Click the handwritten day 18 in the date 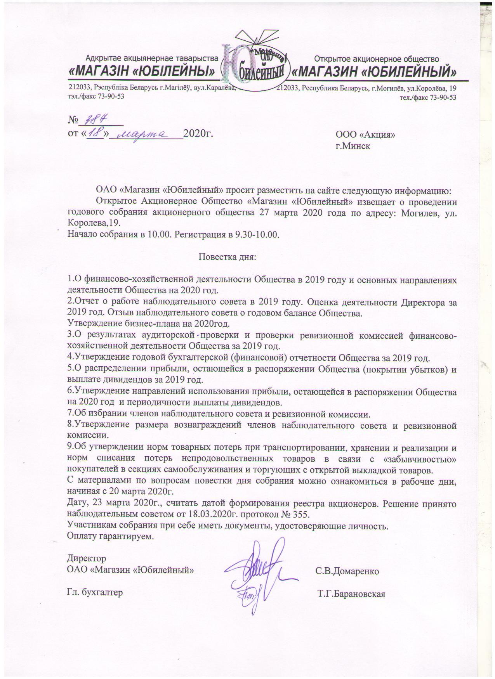coord(94,134)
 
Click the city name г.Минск coord(353,147)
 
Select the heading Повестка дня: coord(227,257)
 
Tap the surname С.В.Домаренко coord(347,571)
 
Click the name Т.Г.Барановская coord(351,594)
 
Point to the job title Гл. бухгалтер coord(95,593)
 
